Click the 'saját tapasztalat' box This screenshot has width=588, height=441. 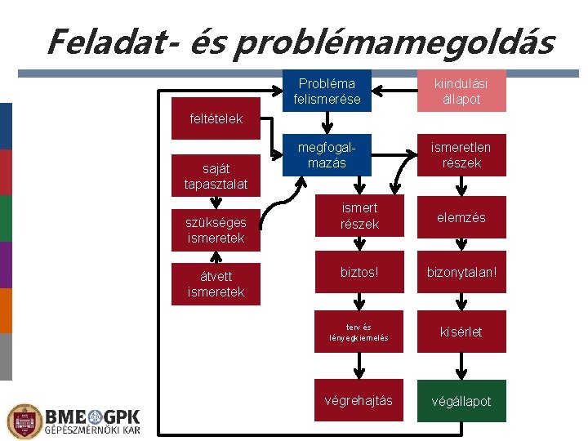click(x=216, y=176)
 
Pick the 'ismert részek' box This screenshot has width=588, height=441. click(x=359, y=216)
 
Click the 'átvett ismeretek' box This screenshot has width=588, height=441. click(x=216, y=283)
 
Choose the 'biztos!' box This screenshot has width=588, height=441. click(x=359, y=270)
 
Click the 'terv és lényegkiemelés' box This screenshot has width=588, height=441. click(x=359, y=332)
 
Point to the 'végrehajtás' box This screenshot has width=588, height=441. click(x=359, y=400)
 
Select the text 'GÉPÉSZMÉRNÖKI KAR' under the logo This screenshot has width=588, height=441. click(x=91, y=430)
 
